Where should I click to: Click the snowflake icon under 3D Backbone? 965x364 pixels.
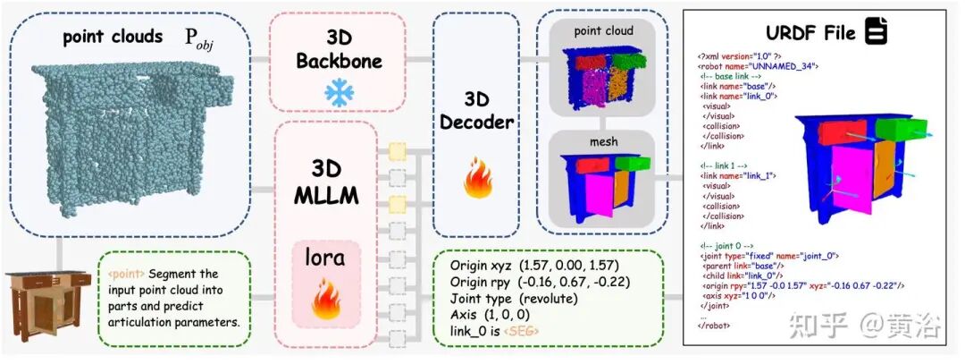[339, 93]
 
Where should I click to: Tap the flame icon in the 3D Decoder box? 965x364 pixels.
[476, 181]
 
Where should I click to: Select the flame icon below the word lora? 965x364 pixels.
[325, 302]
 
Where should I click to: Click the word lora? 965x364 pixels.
[325, 261]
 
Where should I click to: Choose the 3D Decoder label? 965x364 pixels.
[476, 109]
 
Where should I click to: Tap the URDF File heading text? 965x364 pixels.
[813, 34]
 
